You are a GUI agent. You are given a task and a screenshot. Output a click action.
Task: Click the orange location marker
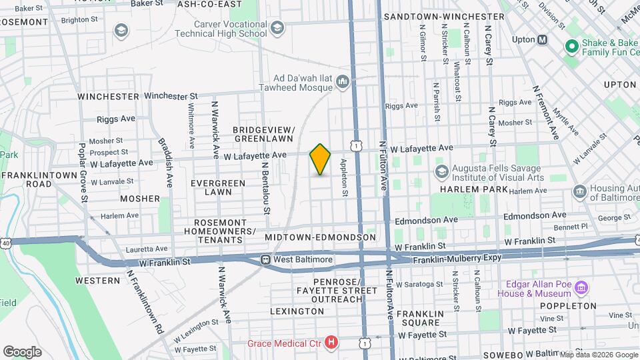pyautogui.click(x=320, y=159)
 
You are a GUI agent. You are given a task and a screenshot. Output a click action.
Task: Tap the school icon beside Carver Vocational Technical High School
pyautogui.click(x=277, y=27)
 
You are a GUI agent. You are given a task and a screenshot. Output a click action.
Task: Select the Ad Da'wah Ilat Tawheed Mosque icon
pyautogui.click(x=343, y=81)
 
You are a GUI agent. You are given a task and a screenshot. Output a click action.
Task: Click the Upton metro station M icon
pyautogui.click(x=542, y=39)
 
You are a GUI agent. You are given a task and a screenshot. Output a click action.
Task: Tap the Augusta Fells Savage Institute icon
pyautogui.click(x=441, y=172)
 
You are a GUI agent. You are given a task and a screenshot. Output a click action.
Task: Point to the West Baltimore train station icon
pyautogui.click(x=265, y=259)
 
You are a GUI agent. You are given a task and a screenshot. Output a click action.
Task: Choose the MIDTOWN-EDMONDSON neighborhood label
pyautogui.click(x=320, y=237)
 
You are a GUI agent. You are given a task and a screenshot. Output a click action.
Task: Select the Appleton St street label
pyautogui.click(x=345, y=177)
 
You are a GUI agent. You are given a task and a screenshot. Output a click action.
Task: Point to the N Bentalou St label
pyautogui.click(x=265, y=188)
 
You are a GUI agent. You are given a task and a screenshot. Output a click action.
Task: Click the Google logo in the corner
pyautogui.click(x=22, y=351)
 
